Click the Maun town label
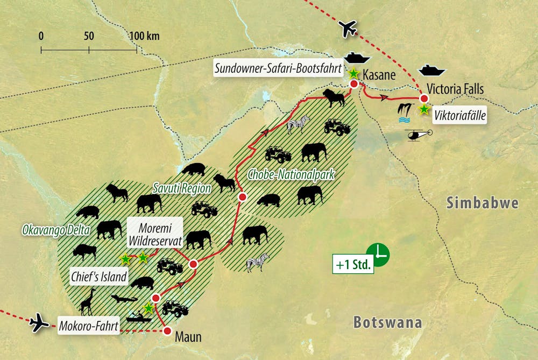188,337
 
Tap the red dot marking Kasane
354,84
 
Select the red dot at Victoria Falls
424,98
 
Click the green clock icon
378,254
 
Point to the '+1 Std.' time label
353,265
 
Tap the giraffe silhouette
87,302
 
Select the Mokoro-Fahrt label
88,326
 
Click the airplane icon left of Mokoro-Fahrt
39,323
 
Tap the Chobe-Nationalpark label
291,174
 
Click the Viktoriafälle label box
460,114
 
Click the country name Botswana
387,322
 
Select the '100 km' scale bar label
145,37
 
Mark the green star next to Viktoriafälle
424,110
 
